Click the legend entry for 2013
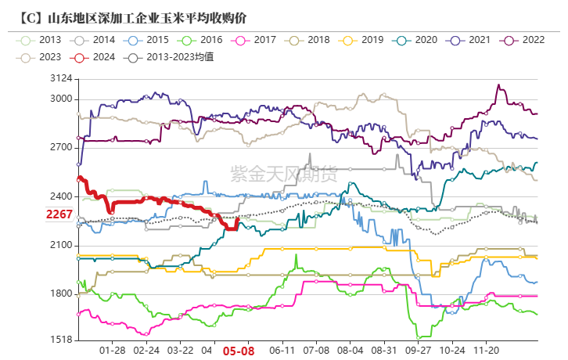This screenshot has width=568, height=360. coord(41,39)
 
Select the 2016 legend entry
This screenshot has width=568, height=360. coord(202,39)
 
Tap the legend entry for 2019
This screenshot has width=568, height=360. coord(362,39)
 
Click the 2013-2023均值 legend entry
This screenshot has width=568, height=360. coord(171,56)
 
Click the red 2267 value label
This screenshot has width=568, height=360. coord(59,214)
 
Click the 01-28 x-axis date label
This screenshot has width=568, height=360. coord(113,351)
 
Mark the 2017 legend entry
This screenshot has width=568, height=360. coord(256,39)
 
